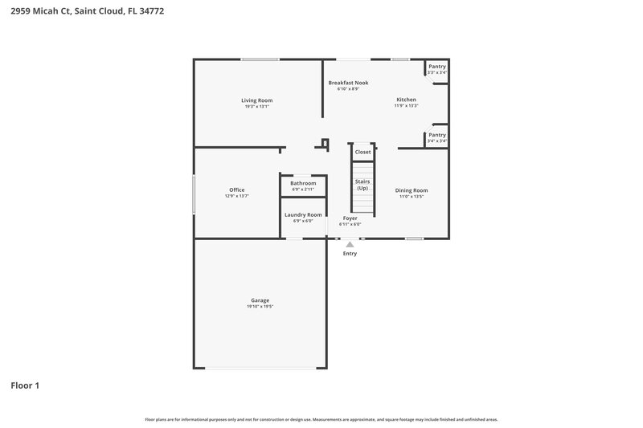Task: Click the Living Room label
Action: (256, 100)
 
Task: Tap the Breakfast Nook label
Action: (347, 83)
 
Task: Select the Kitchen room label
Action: (406, 100)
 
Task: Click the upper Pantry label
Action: (436, 67)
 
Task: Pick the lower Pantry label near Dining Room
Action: (436, 135)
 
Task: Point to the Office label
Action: (237, 190)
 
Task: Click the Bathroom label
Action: (303, 183)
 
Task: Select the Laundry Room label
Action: (303, 214)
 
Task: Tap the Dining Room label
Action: (412, 190)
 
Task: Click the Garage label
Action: (259, 300)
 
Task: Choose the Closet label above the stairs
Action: (362, 152)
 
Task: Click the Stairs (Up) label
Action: (362, 185)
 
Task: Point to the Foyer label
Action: (350, 218)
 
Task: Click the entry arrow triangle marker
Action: (350, 244)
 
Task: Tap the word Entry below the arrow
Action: (350, 254)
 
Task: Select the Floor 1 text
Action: (25, 385)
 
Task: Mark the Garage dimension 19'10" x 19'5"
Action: (259, 307)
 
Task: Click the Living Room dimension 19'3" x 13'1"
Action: (256, 107)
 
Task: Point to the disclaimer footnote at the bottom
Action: (321, 419)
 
